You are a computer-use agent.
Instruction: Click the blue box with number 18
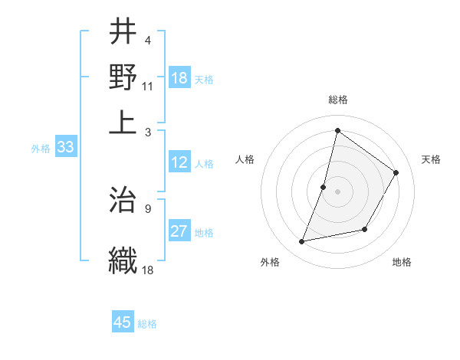(x=179, y=77)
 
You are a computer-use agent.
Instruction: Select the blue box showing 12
(x=179, y=162)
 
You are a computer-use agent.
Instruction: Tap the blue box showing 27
(x=179, y=231)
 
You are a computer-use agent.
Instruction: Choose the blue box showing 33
(x=65, y=148)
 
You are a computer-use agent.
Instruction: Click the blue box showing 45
(x=123, y=322)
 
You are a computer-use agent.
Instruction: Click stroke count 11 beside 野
(x=148, y=85)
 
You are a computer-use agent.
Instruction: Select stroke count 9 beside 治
(x=147, y=208)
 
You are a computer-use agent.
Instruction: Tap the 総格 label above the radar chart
(x=338, y=100)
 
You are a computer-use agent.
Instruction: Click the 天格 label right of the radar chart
(x=431, y=159)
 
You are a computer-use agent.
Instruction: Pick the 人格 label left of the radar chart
(x=245, y=159)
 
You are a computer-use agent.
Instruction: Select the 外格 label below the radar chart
(x=271, y=263)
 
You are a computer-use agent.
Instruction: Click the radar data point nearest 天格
(x=396, y=172)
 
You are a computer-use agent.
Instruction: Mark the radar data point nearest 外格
(x=302, y=242)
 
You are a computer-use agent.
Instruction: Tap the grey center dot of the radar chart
(x=337, y=191)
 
